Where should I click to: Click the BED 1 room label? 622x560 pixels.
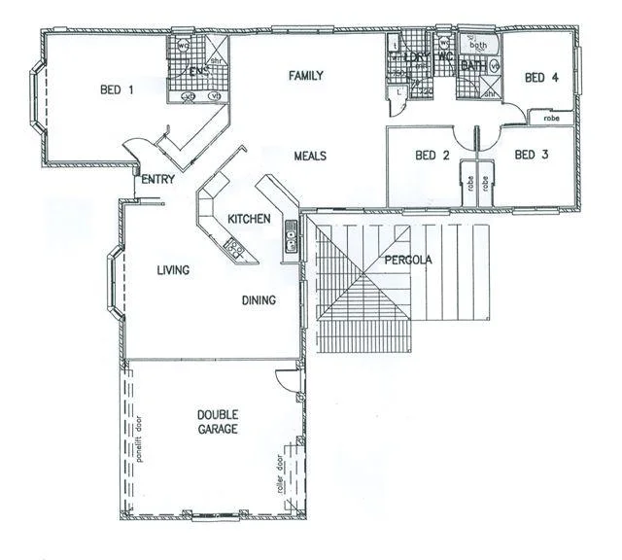pos(116,90)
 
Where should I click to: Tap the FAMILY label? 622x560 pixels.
pos(305,75)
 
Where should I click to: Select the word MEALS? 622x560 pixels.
pos(310,156)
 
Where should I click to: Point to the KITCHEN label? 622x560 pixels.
pos(249,220)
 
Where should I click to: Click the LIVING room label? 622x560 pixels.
pos(173,270)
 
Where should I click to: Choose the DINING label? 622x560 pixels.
pos(259,300)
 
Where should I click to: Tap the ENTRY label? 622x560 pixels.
pos(157,180)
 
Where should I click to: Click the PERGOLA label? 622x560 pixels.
pos(406,261)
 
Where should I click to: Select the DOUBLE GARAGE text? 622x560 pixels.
pos(216,420)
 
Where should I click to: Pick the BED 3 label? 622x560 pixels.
pos(531,156)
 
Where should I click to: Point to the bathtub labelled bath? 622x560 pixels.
pos(479,45)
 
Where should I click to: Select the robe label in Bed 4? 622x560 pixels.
pos(551,118)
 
